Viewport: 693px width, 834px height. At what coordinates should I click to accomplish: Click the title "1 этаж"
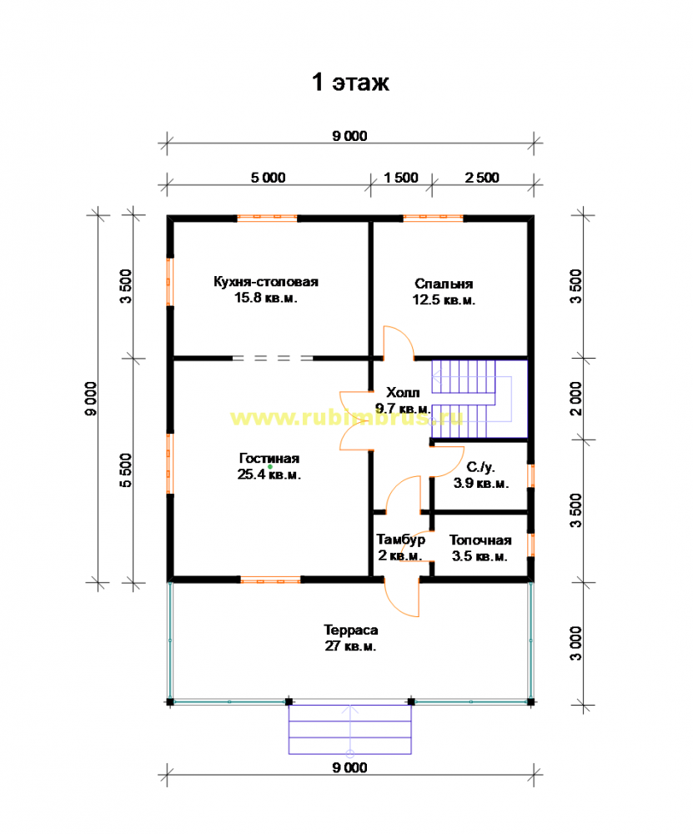pos(350,83)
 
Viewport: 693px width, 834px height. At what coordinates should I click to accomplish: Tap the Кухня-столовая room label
pos(266,289)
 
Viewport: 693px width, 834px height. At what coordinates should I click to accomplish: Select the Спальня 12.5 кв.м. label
pos(444,291)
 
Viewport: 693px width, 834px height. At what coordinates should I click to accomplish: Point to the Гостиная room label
pos(269,466)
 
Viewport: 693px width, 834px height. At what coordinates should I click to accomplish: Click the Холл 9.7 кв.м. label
pos(403,400)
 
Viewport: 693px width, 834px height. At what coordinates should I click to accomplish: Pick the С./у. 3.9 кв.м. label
pos(481,475)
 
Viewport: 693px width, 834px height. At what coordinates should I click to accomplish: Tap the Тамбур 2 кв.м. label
pos(400,547)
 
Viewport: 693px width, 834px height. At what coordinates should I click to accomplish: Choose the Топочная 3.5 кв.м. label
pos(480,548)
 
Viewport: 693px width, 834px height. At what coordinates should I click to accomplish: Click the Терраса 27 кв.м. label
pos(350,638)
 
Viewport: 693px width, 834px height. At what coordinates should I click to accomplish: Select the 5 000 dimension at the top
pos(268,178)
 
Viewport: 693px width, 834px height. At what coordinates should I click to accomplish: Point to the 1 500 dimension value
pos(401,178)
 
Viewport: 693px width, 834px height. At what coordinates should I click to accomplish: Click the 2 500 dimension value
pos(482,178)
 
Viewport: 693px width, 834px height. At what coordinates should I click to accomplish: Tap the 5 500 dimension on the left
pos(126,470)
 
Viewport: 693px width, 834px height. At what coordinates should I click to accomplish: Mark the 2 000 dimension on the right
pos(576,399)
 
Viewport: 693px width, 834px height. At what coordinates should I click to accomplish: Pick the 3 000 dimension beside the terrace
pos(576,644)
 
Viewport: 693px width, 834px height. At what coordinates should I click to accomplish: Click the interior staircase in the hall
pos(479,399)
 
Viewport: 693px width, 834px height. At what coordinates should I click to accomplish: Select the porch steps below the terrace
pos(350,729)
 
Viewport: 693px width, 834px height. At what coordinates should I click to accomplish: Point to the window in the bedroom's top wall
pos(433,217)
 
